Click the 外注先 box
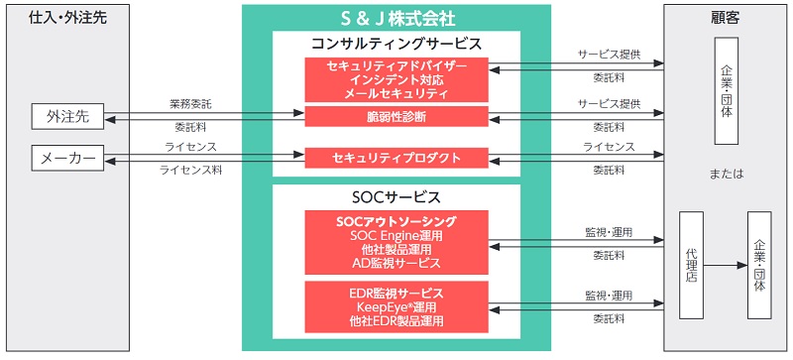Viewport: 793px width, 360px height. (68, 116)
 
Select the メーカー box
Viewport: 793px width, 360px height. (68, 158)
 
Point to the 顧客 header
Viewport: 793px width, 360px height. (727, 17)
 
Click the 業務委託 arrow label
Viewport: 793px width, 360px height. (192, 104)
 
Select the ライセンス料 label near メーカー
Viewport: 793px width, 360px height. (191, 171)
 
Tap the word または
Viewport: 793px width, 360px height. (727, 175)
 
